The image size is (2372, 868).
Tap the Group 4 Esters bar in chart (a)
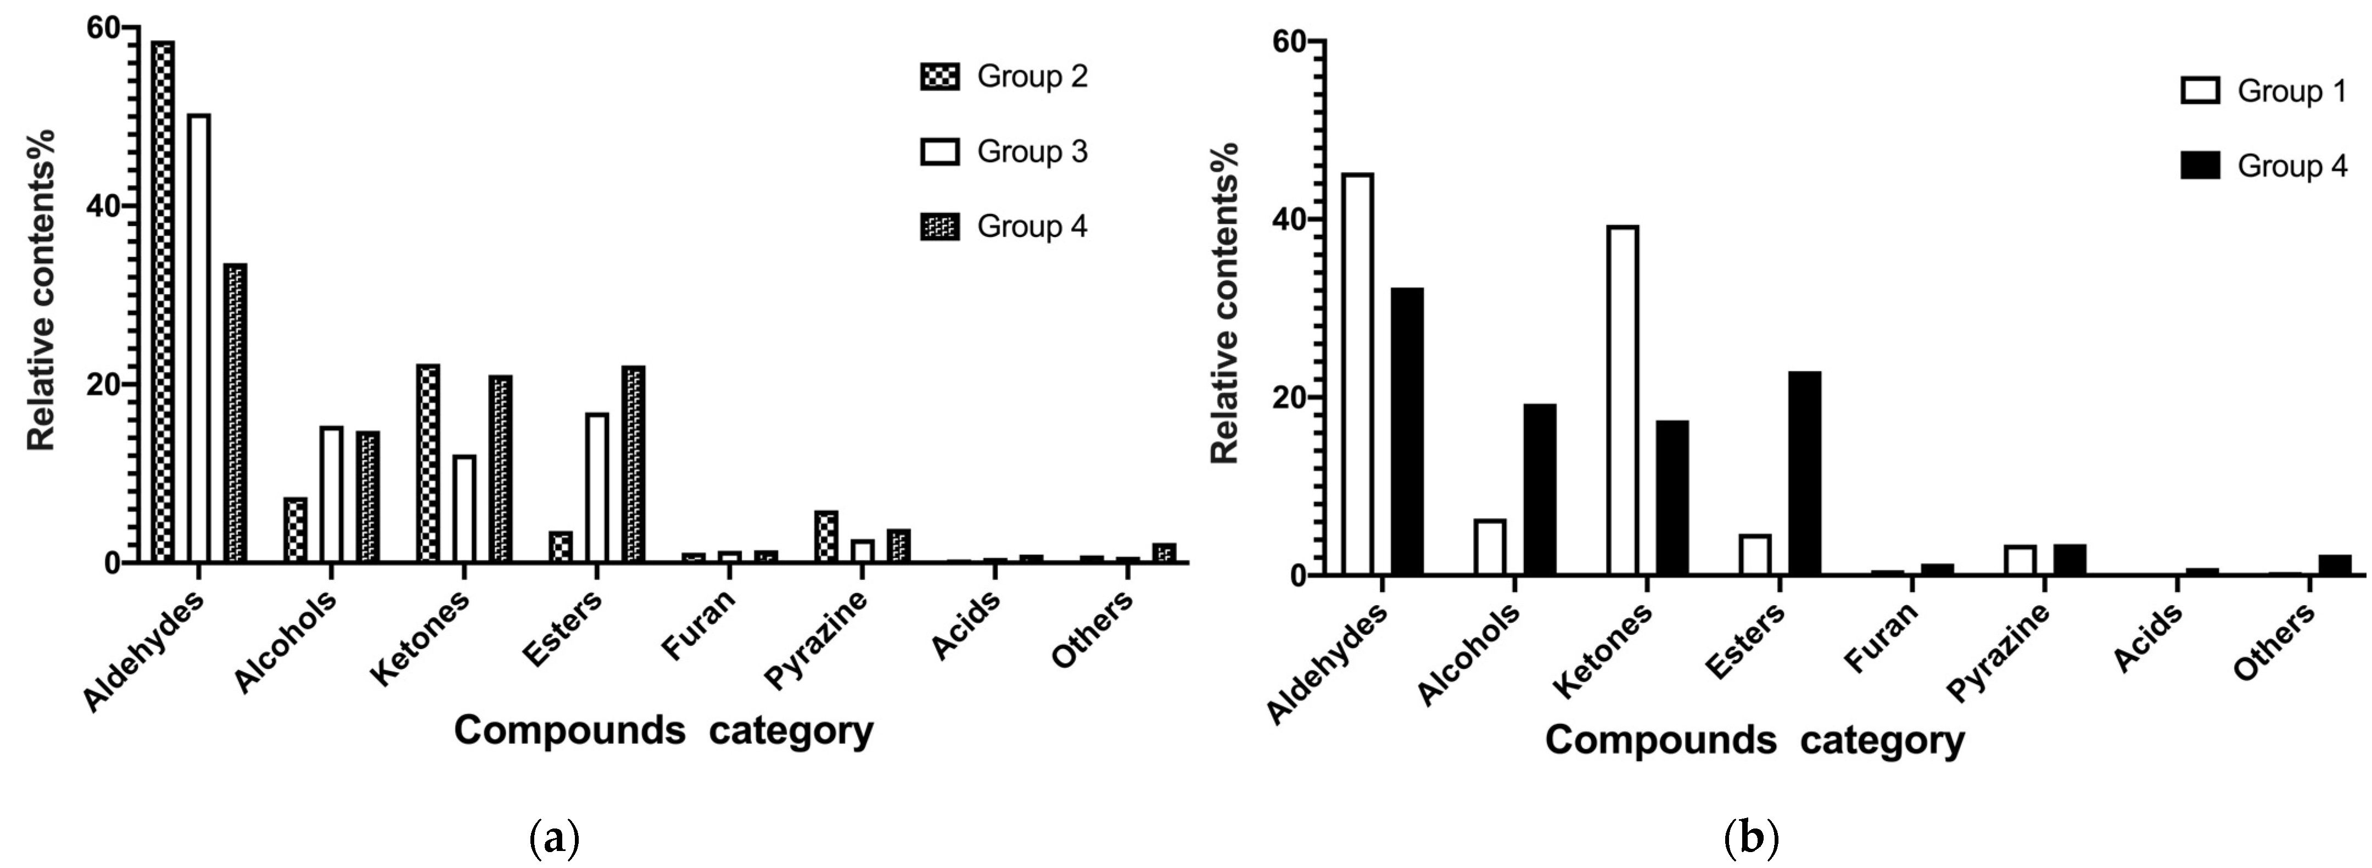(634, 465)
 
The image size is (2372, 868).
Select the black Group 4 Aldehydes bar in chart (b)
(1407, 432)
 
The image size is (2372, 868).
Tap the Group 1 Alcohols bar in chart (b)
(1490, 548)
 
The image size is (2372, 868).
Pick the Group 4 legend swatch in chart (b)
(2200, 166)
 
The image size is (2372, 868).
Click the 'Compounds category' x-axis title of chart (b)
(1755, 740)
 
